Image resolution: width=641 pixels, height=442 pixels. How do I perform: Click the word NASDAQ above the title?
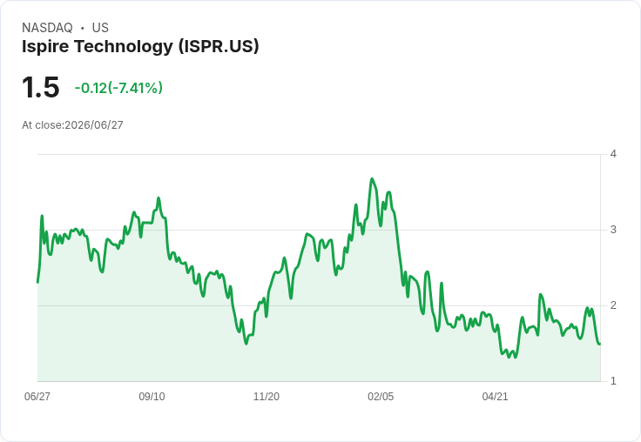(47, 28)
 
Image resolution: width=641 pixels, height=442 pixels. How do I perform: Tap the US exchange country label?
(100, 28)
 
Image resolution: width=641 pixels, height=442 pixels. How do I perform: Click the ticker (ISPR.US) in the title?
(219, 46)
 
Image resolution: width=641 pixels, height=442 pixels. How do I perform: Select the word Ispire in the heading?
(45, 46)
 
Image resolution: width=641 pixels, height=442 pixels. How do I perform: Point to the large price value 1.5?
(40, 87)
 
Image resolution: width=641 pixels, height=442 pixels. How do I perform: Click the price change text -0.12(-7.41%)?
(118, 88)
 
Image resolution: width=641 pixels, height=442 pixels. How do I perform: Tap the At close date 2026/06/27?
(93, 125)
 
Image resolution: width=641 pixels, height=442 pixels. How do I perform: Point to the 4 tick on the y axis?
(613, 154)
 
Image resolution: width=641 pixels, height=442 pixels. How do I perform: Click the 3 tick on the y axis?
(613, 230)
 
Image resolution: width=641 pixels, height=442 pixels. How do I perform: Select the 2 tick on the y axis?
(613, 305)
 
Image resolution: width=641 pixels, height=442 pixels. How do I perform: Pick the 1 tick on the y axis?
(613, 381)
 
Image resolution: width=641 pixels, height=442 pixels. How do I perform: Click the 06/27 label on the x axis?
(37, 396)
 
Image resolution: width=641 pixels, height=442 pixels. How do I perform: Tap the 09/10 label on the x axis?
(152, 396)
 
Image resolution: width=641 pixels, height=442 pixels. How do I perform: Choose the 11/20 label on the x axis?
(267, 396)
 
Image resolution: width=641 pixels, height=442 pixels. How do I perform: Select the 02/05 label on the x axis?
(381, 396)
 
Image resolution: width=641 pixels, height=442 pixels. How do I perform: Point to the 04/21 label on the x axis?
(495, 396)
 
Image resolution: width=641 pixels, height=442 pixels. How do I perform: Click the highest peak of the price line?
(372, 178)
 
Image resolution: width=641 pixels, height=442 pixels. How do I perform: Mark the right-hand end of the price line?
(600, 344)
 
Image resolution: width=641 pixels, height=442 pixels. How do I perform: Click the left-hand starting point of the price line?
(37, 282)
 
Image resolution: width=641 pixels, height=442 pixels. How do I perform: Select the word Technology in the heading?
(123, 46)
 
